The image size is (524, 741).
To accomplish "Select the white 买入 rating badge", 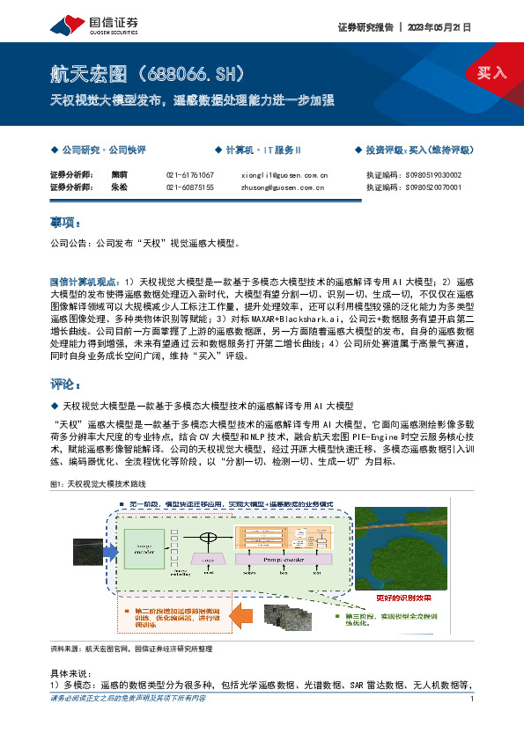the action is click(491, 73).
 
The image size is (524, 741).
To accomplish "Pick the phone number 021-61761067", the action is click(189, 175).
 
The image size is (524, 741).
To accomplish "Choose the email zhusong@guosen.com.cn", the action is click(284, 187).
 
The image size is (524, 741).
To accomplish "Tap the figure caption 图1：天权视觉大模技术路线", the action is click(99, 485).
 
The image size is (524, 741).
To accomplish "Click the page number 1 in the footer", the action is click(473, 723).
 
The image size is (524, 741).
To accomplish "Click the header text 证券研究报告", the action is click(365, 27).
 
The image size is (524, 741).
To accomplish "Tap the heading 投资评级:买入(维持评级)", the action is click(419, 150).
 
